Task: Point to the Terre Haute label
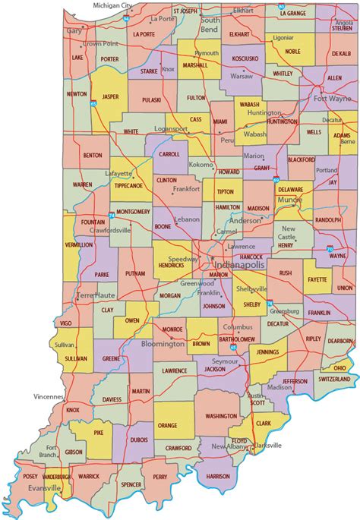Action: tap(93, 293)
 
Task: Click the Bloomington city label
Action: tap(163, 343)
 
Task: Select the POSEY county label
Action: tap(30, 476)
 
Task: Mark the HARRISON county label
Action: tap(217, 476)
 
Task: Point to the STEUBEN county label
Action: tap(340, 30)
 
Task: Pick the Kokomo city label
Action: tap(201, 164)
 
